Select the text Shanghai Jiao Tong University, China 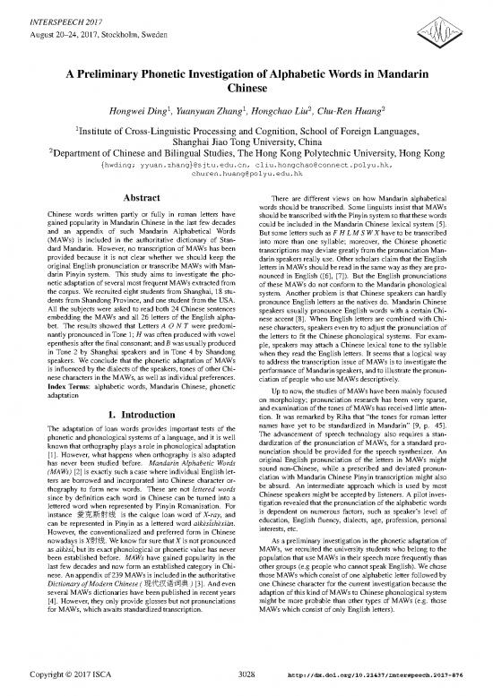pyautogui.click(x=246, y=140)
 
